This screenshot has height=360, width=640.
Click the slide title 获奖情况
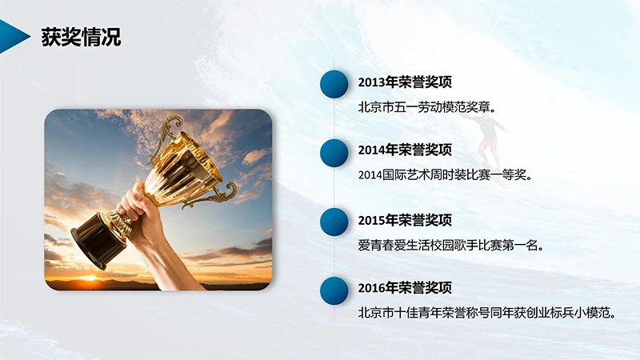point(82,38)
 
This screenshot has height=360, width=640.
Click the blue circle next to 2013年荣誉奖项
point(334,82)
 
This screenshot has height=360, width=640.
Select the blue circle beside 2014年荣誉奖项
point(334,151)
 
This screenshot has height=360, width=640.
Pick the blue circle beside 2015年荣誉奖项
point(334,222)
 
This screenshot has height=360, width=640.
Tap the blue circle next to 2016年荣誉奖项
point(334,290)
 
